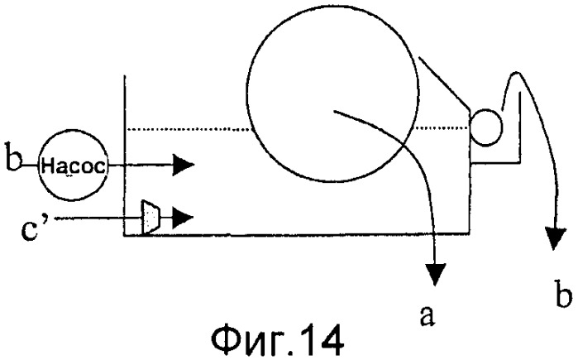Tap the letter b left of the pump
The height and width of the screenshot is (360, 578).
(x=13, y=156)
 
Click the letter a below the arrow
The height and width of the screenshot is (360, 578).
(x=427, y=316)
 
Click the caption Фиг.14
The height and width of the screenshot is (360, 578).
(x=278, y=340)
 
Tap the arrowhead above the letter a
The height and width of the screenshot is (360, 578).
(x=435, y=274)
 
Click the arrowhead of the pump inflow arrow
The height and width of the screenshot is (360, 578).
(x=184, y=165)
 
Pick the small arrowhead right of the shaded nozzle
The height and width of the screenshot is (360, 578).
(x=184, y=218)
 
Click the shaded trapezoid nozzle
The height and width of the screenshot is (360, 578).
(x=150, y=218)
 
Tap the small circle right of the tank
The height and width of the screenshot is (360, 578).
(x=486, y=127)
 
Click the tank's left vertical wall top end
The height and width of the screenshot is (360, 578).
(x=125, y=75)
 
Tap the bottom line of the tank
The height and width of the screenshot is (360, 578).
(x=297, y=234)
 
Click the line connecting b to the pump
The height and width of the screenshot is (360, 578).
(x=30, y=166)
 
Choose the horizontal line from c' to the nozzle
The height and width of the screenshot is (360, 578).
(x=98, y=218)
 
